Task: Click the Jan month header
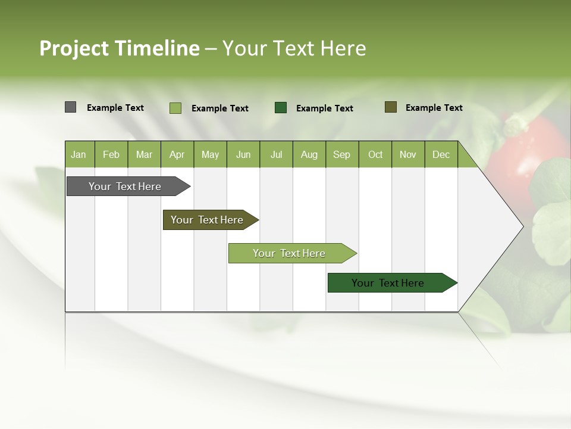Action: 79,154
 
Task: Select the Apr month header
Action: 177,154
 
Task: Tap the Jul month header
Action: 276,154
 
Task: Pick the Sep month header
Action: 342,154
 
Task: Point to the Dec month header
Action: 441,154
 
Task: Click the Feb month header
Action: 111,154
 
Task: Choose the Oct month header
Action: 375,154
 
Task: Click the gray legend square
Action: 71,107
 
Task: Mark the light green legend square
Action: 175,108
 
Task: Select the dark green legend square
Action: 281,108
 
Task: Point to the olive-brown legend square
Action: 391,107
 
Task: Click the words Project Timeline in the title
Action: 120,48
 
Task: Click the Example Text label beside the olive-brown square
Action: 434,108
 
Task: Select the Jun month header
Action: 243,154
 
